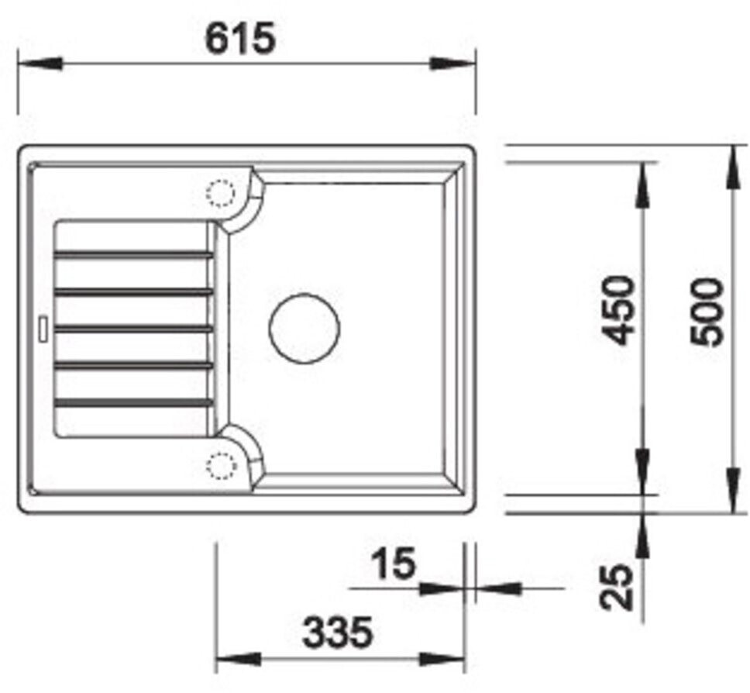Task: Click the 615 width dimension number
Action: [240, 38]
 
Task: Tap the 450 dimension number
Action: [618, 310]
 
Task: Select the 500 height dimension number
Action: [706, 312]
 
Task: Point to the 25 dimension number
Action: [617, 588]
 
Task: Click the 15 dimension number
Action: [394, 564]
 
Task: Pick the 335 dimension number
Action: [338, 632]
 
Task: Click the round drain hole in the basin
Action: [304, 328]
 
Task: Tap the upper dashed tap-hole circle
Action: [221, 193]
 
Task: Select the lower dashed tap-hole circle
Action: [221, 465]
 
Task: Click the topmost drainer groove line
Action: [133, 253]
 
